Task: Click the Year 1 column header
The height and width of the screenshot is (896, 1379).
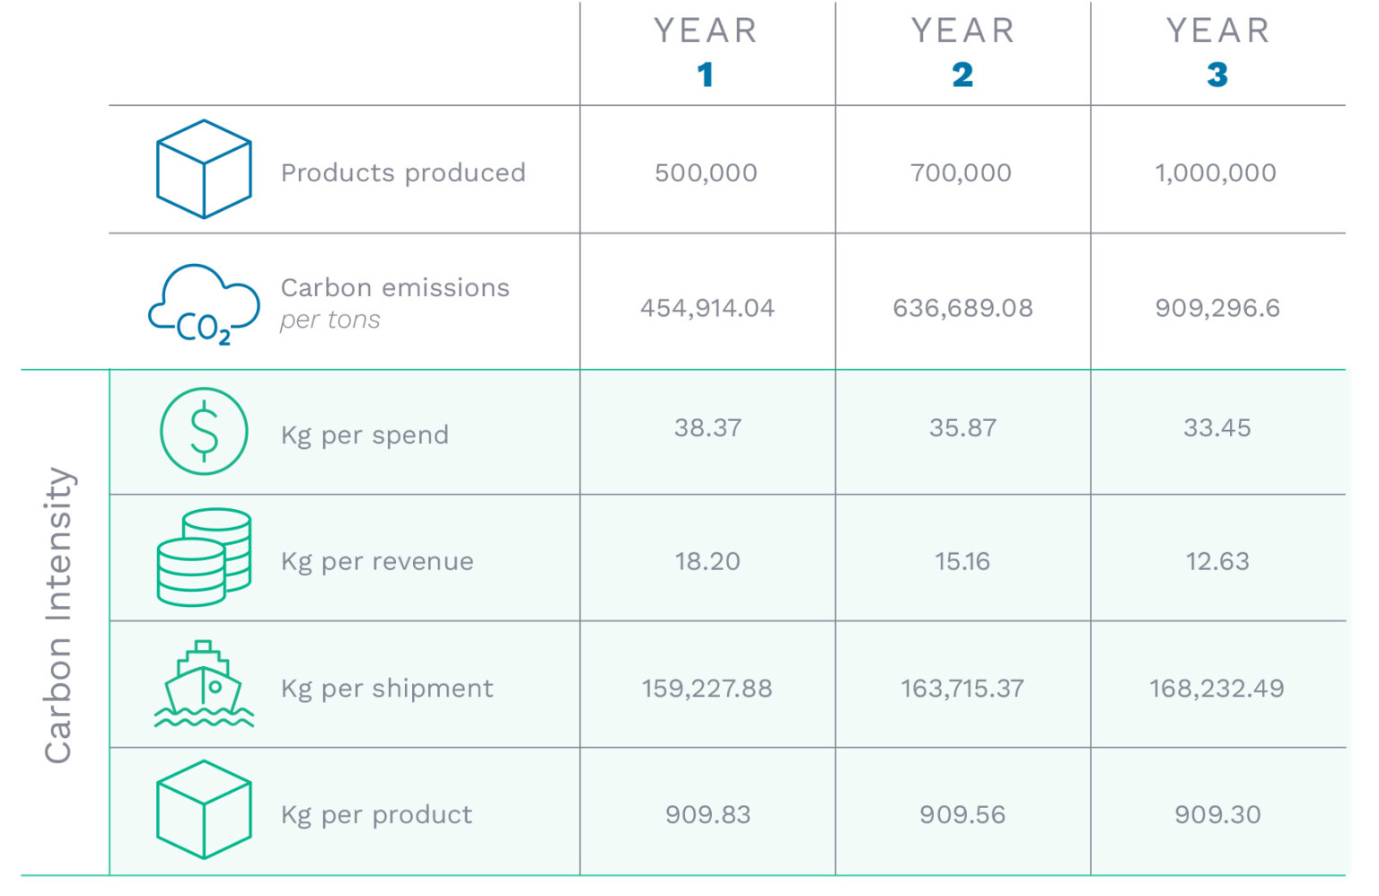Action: click(x=706, y=52)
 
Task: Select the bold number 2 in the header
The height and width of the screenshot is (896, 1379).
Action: click(x=962, y=75)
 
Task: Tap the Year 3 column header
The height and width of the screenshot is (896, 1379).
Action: click(x=1217, y=52)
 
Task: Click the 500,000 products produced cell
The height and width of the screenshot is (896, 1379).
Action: click(x=706, y=172)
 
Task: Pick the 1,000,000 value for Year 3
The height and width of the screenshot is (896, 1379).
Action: click(x=1216, y=172)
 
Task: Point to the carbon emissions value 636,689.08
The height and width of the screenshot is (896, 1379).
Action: click(x=962, y=308)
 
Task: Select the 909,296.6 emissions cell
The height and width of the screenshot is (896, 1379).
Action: click(x=1217, y=308)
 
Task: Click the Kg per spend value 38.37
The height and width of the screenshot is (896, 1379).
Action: click(x=707, y=427)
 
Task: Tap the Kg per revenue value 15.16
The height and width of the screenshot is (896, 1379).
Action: click(x=962, y=561)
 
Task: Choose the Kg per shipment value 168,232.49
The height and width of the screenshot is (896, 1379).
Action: click(x=1217, y=689)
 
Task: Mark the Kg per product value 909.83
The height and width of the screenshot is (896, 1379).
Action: click(x=707, y=814)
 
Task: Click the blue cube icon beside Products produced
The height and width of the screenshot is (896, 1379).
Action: click(x=204, y=169)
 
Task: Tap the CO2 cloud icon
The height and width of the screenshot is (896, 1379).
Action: click(x=205, y=304)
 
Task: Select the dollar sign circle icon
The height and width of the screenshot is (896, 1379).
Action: click(x=204, y=431)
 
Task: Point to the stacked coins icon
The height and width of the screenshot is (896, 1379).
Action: click(x=204, y=558)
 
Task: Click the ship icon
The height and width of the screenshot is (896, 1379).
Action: click(x=204, y=684)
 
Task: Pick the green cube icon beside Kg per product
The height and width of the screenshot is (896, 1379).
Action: click(x=204, y=810)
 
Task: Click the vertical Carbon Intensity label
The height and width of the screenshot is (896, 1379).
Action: click(x=58, y=615)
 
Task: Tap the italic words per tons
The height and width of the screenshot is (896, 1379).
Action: click(x=329, y=320)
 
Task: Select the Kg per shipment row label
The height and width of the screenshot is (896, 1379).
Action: click(x=387, y=689)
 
